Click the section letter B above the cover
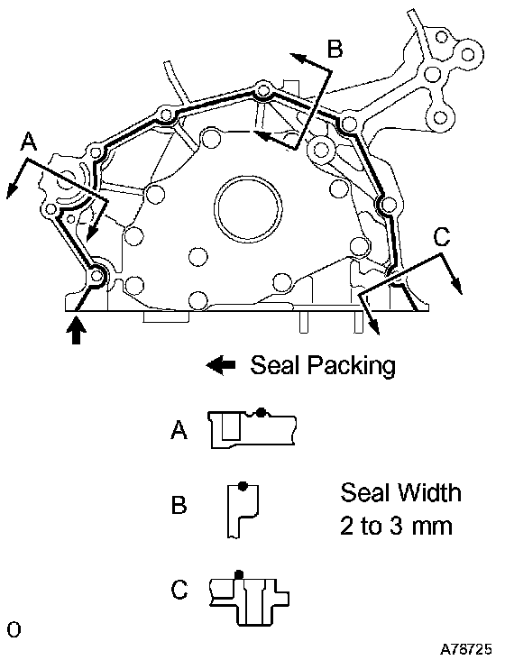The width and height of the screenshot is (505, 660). coord(335,49)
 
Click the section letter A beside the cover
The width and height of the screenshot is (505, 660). coord(29,142)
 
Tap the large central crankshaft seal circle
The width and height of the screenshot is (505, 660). coord(248,208)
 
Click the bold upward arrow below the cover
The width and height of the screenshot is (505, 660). coord(76,331)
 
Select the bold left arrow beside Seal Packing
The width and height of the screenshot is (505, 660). coord(221,365)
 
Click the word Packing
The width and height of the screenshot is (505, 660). coord(351,366)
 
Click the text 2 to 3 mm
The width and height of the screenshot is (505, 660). coord(396,526)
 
